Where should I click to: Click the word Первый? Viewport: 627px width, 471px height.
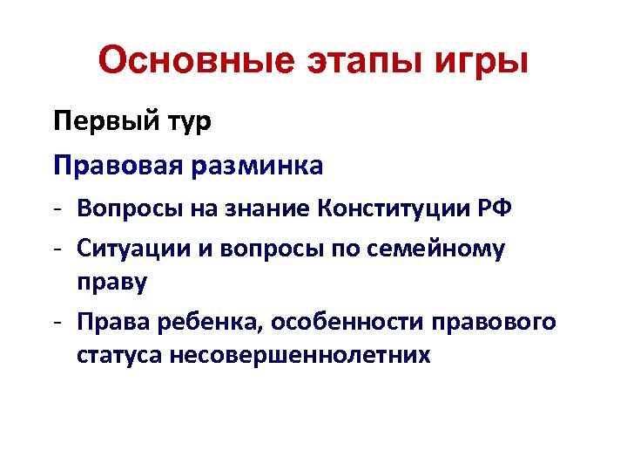click(x=104, y=120)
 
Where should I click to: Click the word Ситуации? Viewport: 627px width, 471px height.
click(x=130, y=249)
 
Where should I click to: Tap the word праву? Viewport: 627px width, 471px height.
click(x=111, y=283)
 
